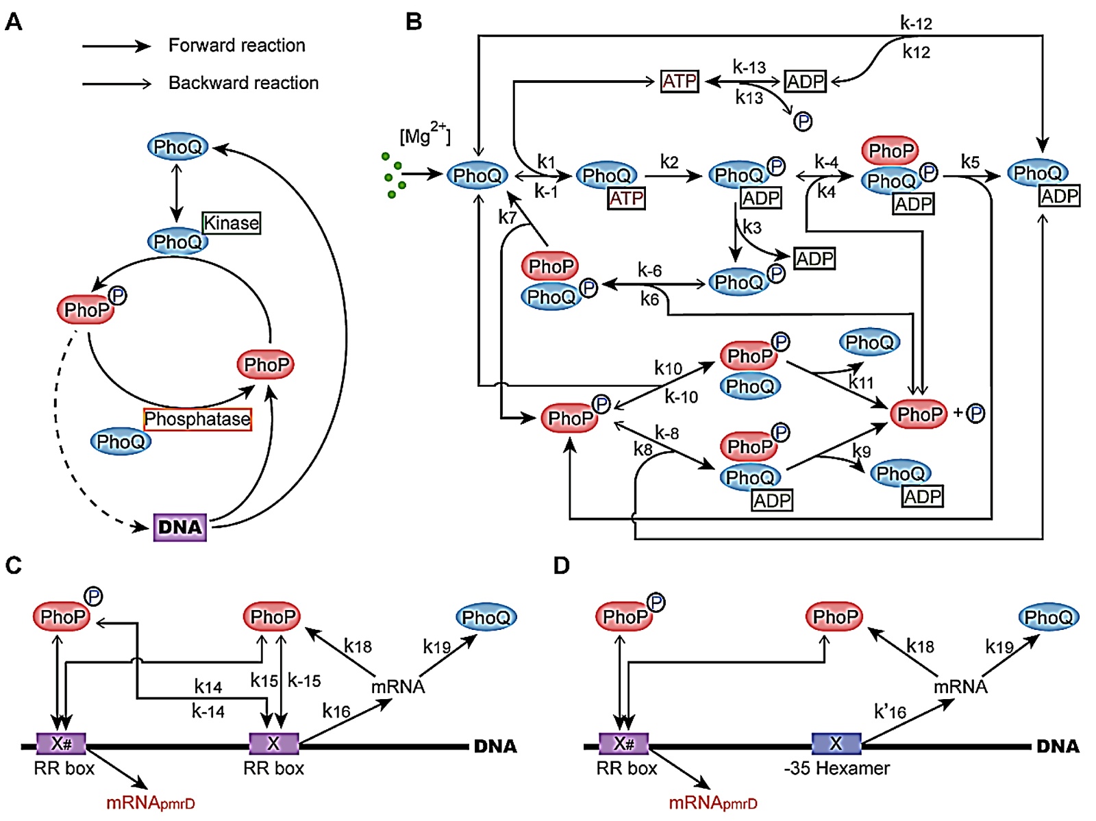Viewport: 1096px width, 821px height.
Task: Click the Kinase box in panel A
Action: click(232, 223)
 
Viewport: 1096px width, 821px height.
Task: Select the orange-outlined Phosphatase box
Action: click(197, 419)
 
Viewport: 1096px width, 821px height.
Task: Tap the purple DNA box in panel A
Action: click(180, 527)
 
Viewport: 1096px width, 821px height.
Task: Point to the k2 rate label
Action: click(669, 162)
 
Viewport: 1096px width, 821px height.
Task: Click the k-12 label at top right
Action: click(916, 23)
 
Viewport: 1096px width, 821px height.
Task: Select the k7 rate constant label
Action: click(508, 218)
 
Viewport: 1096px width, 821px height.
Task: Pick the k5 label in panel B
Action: click(970, 162)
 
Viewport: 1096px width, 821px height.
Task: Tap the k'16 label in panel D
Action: click(890, 712)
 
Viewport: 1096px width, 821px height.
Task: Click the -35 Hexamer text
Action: click(836, 768)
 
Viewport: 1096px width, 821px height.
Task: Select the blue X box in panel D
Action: click(836, 743)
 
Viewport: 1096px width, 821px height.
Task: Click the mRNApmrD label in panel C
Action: click(150, 803)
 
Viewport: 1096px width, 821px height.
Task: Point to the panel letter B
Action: click(414, 22)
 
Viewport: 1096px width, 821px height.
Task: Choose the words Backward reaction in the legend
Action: click(243, 83)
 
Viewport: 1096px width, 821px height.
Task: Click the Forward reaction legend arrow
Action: click(116, 46)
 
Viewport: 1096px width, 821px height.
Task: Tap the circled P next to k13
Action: click(803, 122)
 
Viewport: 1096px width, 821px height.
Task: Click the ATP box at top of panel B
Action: click(680, 81)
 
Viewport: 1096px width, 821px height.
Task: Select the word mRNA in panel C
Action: click(398, 686)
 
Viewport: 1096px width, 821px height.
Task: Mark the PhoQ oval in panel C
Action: click(486, 617)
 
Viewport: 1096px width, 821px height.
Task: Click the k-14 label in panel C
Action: click(208, 711)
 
